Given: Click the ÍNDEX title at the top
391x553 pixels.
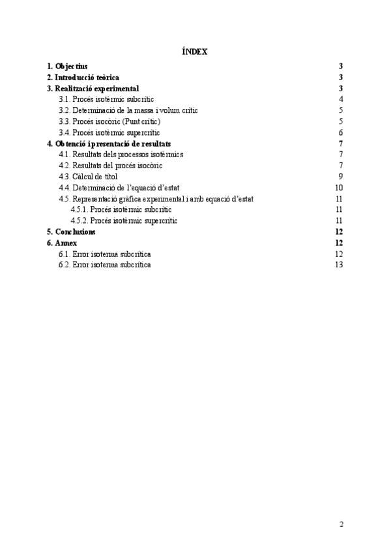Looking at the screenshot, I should coord(195,51).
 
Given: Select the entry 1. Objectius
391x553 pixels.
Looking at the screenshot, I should coord(67,66).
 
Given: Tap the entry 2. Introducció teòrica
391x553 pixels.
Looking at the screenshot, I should coord(83,77).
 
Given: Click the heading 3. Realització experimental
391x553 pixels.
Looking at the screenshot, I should coord(93,88).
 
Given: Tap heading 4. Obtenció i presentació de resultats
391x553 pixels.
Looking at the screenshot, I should coord(109,143).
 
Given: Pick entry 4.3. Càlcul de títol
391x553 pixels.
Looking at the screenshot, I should coord(88,177).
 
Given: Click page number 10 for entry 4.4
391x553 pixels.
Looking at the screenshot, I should coord(339,188).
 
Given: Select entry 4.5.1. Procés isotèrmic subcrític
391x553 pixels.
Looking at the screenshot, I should coord(121,210).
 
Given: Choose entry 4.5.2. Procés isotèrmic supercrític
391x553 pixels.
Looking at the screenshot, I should coord(124,221).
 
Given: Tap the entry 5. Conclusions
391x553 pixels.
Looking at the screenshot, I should coord(71,232).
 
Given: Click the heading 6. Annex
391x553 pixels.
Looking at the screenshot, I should coord(62,243).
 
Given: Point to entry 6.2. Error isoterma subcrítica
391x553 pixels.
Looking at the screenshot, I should coord(104,265).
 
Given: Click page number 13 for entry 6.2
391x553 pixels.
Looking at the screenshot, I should coord(339,265).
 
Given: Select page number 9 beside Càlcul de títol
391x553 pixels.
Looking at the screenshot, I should coord(341,177).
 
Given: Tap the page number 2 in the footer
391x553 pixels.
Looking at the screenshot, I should coord(341,524).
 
